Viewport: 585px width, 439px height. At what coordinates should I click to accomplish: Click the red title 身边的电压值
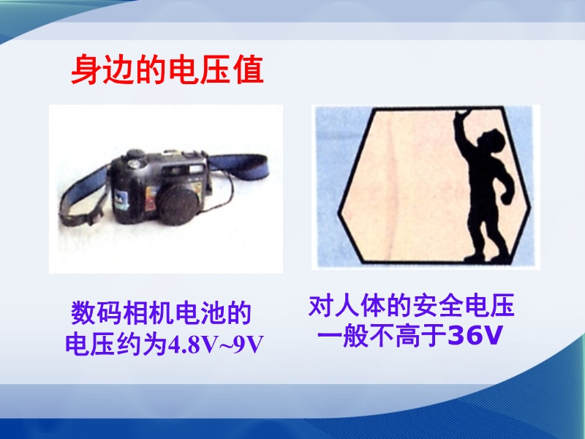[167, 70]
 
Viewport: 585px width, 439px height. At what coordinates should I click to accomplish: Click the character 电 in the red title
[184, 70]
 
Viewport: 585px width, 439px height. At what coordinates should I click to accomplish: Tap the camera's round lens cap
[179, 203]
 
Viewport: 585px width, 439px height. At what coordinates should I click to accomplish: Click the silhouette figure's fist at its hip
[506, 197]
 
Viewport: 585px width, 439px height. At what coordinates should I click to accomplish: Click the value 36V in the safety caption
[475, 335]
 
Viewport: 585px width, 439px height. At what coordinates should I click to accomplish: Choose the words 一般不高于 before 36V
[382, 336]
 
